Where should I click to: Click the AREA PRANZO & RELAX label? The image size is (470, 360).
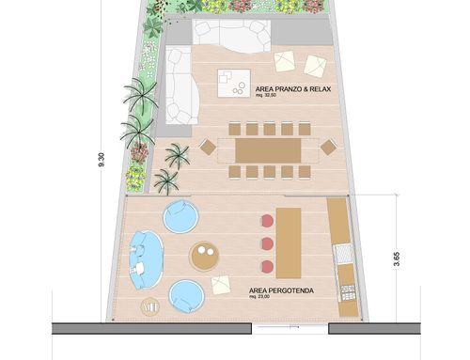(x=293, y=89)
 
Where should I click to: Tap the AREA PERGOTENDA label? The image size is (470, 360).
(x=281, y=290)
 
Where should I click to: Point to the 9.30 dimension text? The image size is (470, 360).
(x=102, y=160)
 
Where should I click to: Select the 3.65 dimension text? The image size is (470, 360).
(x=397, y=259)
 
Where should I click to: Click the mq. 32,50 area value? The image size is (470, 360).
(x=266, y=95)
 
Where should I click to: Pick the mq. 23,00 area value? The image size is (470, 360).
(x=259, y=296)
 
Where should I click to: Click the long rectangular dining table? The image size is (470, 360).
(x=268, y=150)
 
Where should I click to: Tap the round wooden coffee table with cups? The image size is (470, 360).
(x=204, y=256)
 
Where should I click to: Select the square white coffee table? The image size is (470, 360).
(x=234, y=83)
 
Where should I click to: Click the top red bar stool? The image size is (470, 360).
(x=267, y=221)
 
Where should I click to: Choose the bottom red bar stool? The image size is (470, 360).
(x=267, y=267)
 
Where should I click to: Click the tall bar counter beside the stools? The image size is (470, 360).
(x=289, y=243)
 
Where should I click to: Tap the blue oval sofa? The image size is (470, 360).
(x=145, y=260)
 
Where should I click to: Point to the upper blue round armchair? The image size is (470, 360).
(x=180, y=216)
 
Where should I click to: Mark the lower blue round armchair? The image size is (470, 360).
(x=186, y=296)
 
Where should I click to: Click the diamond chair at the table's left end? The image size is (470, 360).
(x=208, y=147)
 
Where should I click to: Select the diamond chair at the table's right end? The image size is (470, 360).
(x=328, y=148)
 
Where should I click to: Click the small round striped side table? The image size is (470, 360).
(x=150, y=306)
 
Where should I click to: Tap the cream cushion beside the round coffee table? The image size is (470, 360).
(x=221, y=285)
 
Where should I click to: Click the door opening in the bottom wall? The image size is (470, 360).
(x=290, y=328)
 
